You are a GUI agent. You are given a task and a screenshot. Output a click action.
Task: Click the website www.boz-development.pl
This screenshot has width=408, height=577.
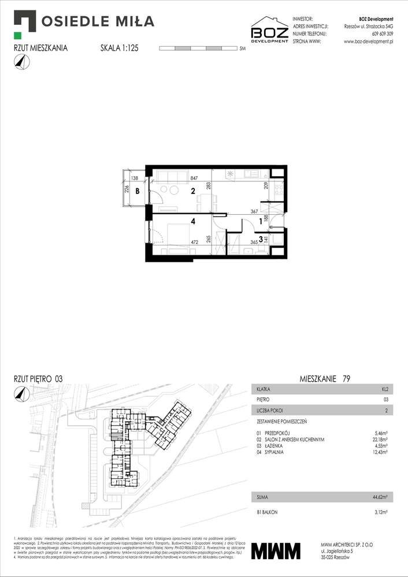[368, 42]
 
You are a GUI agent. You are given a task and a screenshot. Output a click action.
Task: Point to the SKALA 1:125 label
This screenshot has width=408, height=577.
[120, 49]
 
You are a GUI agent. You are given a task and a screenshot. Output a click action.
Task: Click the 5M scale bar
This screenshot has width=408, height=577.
[197, 49]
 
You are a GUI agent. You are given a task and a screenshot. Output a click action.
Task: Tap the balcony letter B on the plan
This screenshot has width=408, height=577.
[138, 191]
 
